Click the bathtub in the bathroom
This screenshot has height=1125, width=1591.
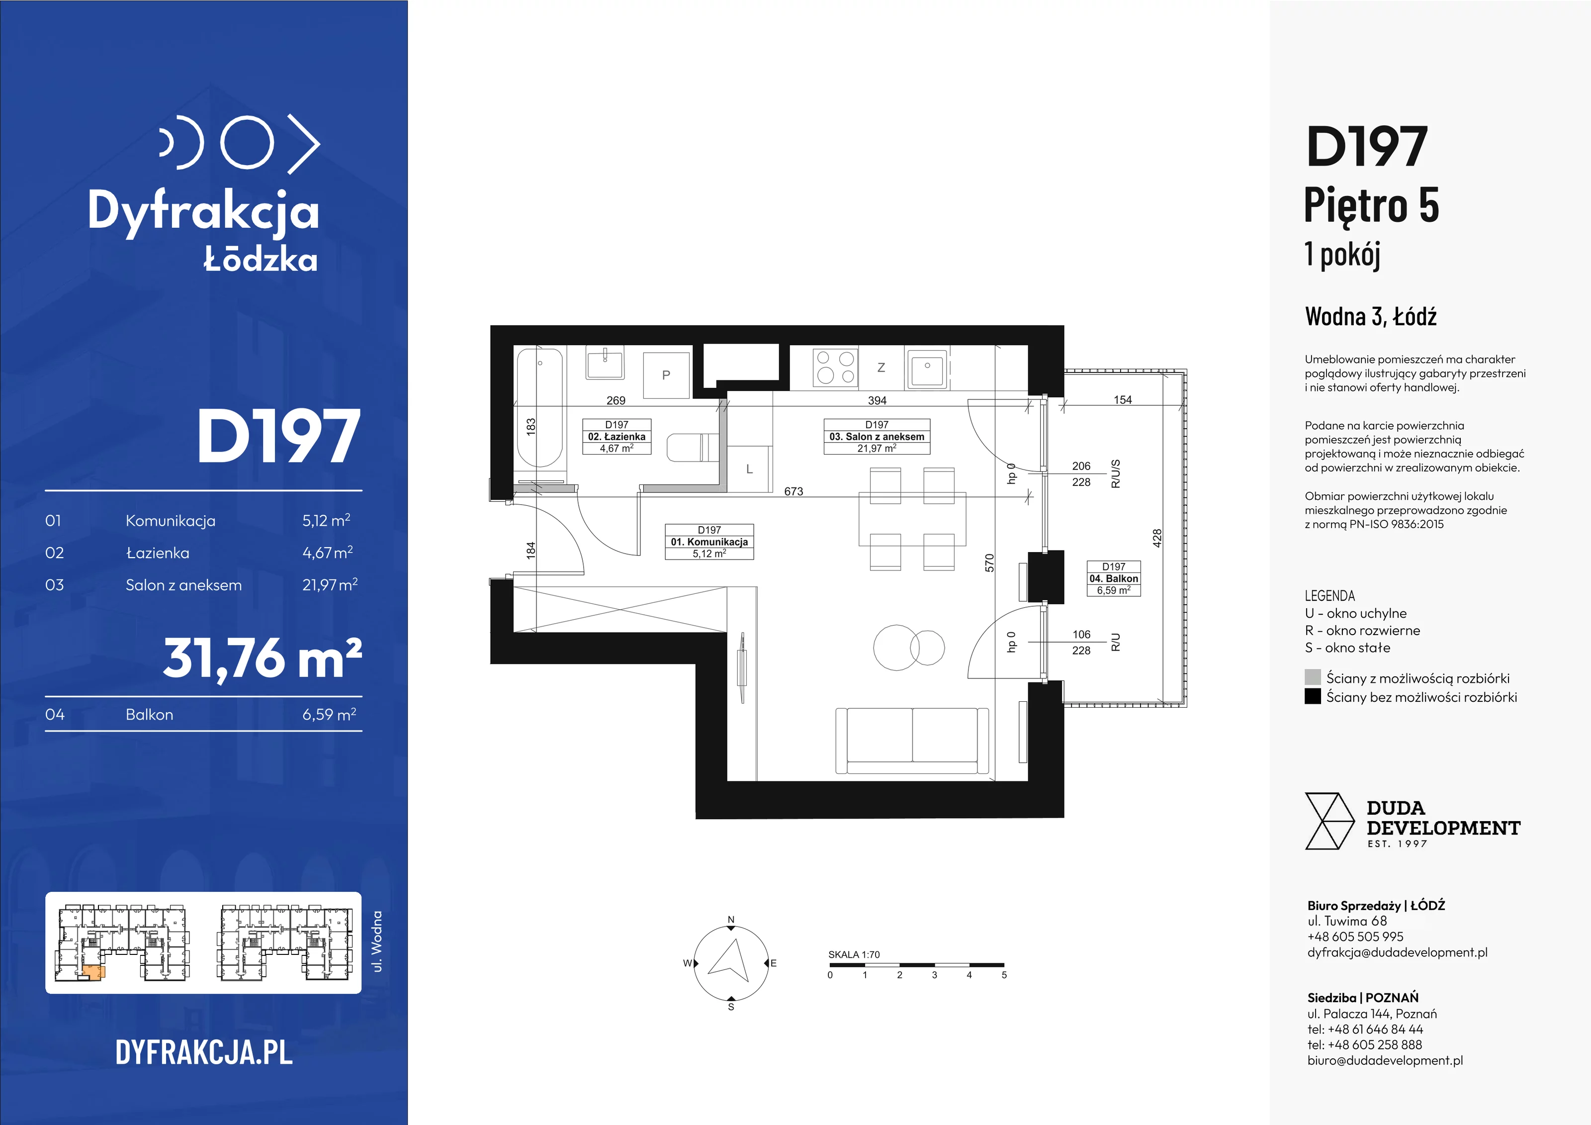pyautogui.click(x=540, y=408)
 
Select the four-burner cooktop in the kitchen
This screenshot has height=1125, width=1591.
pyautogui.click(x=835, y=368)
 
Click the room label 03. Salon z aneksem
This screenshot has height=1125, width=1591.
pyautogui.click(x=877, y=437)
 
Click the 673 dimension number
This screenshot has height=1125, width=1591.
pyautogui.click(x=794, y=491)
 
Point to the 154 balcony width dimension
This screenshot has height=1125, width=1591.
pyautogui.click(x=1123, y=400)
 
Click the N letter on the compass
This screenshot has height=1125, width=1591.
pyautogui.click(x=731, y=920)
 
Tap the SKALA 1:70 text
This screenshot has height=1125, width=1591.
pyautogui.click(x=854, y=954)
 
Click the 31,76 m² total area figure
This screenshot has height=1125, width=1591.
pyautogui.click(x=263, y=658)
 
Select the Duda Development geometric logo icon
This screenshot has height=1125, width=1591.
pyautogui.click(x=1329, y=822)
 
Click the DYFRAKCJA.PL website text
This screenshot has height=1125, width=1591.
pyautogui.click(x=204, y=1052)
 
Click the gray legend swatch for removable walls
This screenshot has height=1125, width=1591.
pyautogui.click(x=1313, y=677)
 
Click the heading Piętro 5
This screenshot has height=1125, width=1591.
pyautogui.click(x=1371, y=206)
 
